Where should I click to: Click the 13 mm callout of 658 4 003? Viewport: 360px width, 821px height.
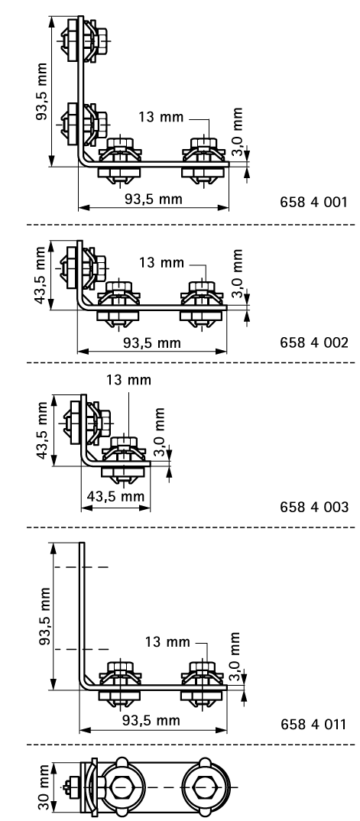[x=129, y=380]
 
